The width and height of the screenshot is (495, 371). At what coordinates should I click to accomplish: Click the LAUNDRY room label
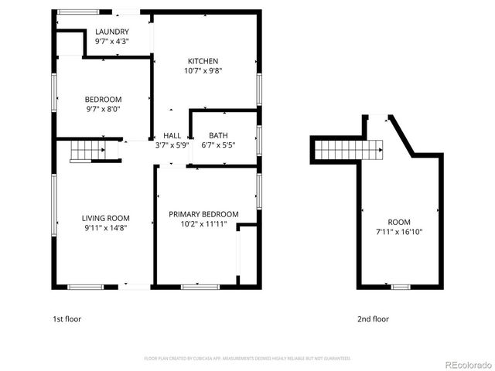(x=112, y=32)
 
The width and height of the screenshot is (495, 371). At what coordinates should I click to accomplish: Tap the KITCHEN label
(x=203, y=61)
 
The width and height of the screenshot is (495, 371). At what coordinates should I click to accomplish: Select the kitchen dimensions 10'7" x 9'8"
(x=203, y=71)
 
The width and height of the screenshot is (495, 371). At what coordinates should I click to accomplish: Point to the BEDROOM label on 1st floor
(x=103, y=99)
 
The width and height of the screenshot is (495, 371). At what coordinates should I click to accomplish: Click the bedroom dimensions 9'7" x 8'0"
(x=103, y=109)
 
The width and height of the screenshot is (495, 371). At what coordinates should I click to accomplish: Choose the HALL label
(x=172, y=135)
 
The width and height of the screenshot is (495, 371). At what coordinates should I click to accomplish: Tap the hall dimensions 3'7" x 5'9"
(x=172, y=145)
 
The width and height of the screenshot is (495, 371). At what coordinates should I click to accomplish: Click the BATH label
(x=218, y=135)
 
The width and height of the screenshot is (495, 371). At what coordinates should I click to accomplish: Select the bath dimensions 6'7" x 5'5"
(x=218, y=145)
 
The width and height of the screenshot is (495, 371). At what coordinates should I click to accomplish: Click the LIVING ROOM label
(x=106, y=218)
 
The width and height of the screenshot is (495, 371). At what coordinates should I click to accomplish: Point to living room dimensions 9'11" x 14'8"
(x=106, y=228)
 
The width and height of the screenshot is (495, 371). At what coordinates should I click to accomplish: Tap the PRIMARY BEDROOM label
(x=203, y=214)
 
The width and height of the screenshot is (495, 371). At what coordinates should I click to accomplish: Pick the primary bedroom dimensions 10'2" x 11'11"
(x=203, y=224)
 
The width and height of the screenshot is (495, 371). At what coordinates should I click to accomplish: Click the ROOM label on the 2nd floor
(x=399, y=221)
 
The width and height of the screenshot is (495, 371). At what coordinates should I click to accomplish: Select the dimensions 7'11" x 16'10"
(x=399, y=231)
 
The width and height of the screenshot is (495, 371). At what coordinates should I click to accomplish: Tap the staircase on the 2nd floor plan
(x=350, y=149)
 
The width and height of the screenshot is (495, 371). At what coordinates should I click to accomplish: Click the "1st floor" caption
(x=67, y=318)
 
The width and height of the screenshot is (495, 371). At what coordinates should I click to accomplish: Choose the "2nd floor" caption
(x=373, y=318)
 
